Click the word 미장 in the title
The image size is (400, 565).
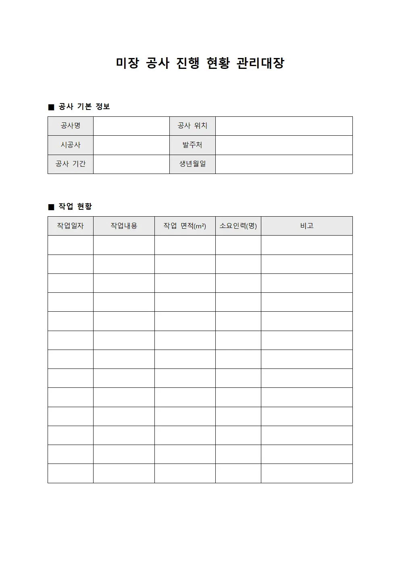tap(127, 63)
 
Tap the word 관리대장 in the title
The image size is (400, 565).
tap(260, 63)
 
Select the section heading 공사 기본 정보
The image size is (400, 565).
tap(84, 107)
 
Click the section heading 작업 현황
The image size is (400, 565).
tap(75, 207)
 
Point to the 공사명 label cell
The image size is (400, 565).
tap(71, 126)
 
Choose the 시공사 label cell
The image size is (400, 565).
tap(71, 145)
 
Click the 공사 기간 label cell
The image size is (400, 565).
tap(71, 164)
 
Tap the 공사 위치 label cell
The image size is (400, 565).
tap(192, 126)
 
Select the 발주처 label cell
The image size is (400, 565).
tap(192, 145)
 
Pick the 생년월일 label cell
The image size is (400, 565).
tap(192, 164)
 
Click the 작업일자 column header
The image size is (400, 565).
tap(71, 226)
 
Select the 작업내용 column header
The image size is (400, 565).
tap(124, 226)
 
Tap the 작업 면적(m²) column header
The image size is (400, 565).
tap(185, 226)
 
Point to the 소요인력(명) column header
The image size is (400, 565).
tap(238, 226)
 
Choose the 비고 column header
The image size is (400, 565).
tap(306, 226)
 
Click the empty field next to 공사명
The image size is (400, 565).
tap(131, 126)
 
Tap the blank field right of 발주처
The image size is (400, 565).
tap(284, 145)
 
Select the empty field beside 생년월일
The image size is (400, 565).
tap(284, 164)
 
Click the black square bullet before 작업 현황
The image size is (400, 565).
tap(51, 207)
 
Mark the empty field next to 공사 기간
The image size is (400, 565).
tap(131, 164)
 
